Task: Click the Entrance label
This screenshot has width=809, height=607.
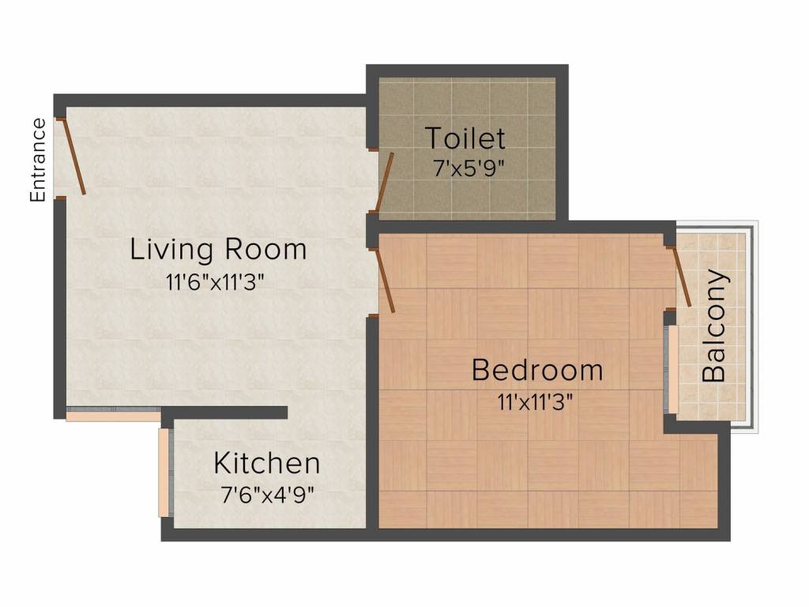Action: click(x=38, y=160)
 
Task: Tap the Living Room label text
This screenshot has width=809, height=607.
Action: click(x=218, y=250)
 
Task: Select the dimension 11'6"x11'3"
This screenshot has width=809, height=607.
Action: click(x=214, y=281)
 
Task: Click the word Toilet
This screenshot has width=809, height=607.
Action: click(x=465, y=138)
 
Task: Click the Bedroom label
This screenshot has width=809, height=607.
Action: click(x=537, y=370)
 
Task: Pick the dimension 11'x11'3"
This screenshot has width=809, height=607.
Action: click(x=535, y=401)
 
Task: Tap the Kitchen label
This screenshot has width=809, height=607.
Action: click(x=267, y=463)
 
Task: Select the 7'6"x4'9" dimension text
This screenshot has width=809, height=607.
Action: click(x=267, y=495)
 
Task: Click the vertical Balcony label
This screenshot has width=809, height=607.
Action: click(x=714, y=326)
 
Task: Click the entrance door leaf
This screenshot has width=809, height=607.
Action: click(x=73, y=156)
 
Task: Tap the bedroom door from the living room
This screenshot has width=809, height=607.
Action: click(x=384, y=281)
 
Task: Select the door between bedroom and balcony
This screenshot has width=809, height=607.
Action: click(x=681, y=277)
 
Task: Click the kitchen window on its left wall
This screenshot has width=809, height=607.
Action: click(x=164, y=473)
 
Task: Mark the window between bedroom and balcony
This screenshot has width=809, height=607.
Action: click(x=672, y=368)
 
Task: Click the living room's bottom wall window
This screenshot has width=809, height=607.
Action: click(x=113, y=413)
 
